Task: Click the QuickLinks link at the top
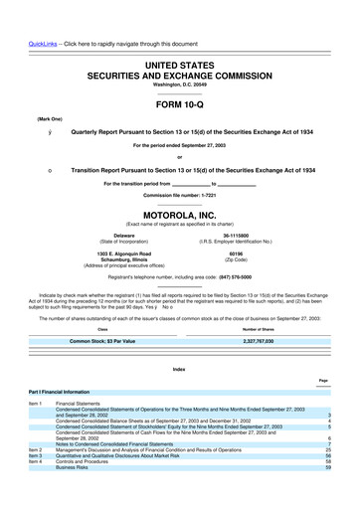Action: click(x=28, y=15)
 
